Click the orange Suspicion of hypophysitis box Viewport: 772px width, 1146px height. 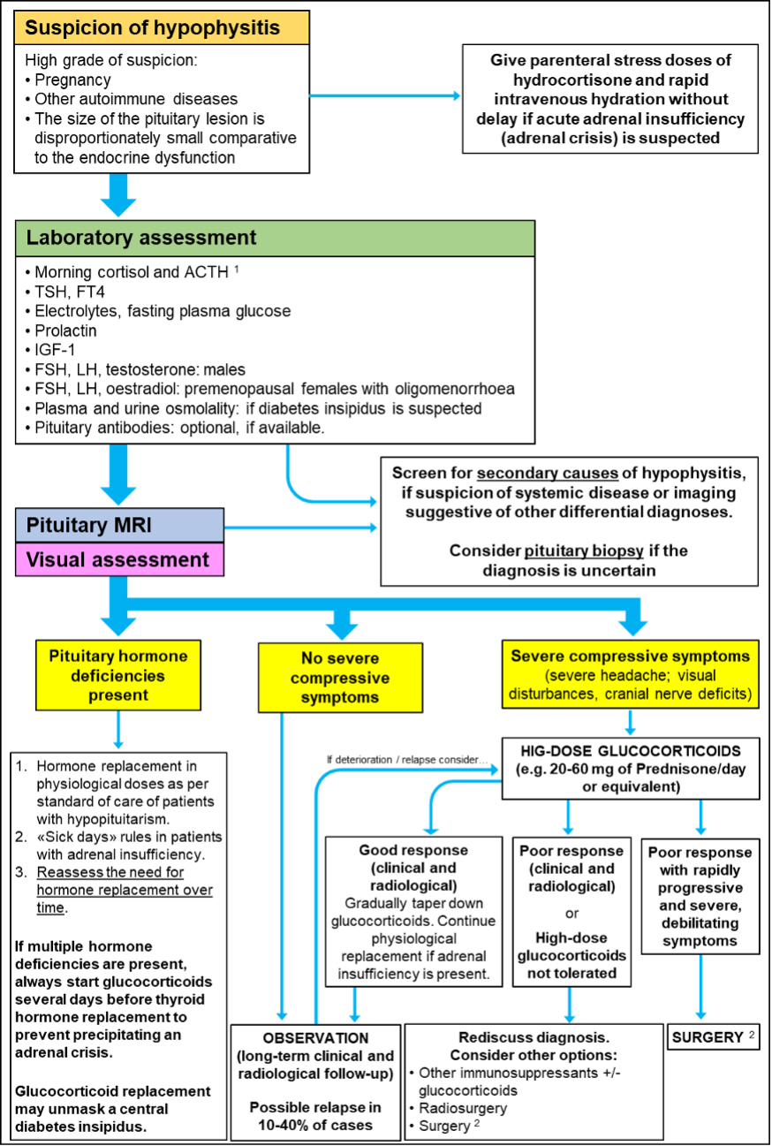point(162,28)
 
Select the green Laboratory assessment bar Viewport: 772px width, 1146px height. point(275,239)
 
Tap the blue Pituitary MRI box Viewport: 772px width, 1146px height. point(119,525)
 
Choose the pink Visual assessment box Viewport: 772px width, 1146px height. point(119,559)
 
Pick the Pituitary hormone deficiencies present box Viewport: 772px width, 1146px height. point(117,676)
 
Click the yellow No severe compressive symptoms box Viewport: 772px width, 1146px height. point(340,678)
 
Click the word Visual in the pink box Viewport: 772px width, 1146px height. point(57,559)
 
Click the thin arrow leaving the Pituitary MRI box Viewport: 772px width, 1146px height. point(300,527)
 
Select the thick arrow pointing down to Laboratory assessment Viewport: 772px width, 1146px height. point(117,196)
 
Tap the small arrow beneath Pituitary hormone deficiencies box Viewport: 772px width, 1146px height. point(118,731)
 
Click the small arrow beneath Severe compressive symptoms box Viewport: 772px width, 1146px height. point(630,723)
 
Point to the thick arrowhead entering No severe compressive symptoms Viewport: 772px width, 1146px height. point(342,629)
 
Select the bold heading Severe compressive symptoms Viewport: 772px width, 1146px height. point(630,656)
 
